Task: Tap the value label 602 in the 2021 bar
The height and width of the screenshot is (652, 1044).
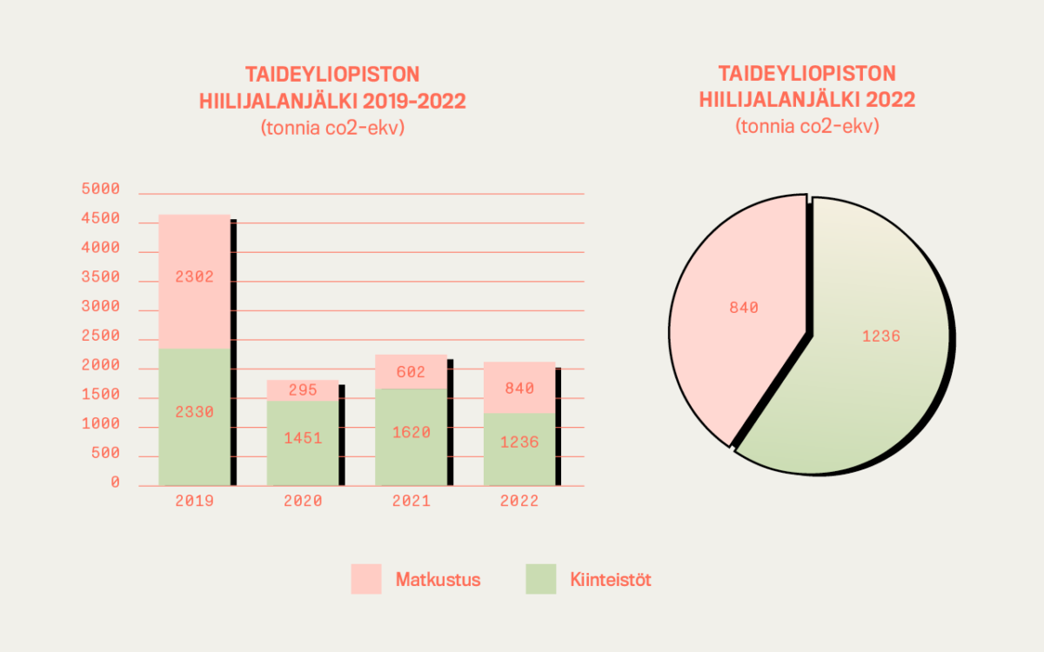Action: click(411, 372)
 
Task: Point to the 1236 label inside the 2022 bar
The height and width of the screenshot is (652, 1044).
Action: click(519, 442)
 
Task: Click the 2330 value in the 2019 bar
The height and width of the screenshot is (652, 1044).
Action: click(194, 411)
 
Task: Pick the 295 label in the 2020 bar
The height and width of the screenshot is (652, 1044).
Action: click(303, 390)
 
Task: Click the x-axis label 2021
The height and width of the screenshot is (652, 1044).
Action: click(411, 502)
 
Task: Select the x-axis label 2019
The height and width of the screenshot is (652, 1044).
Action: click(194, 502)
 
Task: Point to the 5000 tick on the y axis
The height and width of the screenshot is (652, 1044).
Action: click(100, 190)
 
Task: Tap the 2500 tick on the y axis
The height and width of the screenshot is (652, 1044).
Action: click(100, 336)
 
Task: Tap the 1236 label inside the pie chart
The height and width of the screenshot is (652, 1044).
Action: click(880, 336)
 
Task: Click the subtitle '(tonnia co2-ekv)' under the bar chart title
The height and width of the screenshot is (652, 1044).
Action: click(333, 127)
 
